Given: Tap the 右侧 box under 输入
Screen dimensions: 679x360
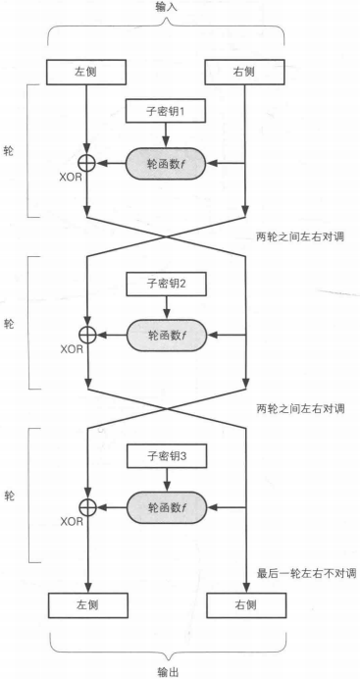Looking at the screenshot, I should click(x=245, y=72).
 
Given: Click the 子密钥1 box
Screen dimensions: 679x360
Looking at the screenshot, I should click(x=166, y=112).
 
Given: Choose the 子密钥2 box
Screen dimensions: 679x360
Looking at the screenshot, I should click(x=166, y=284).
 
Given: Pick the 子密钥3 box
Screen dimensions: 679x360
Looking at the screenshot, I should click(x=166, y=456).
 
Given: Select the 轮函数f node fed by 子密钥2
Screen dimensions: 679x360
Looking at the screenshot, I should click(x=166, y=334).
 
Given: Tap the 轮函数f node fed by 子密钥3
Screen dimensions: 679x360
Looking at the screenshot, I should click(x=166, y=506).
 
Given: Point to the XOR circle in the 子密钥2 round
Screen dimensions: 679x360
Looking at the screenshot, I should click(x=88, y=334).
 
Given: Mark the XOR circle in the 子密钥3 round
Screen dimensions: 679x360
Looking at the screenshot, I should click(x=88, y=506).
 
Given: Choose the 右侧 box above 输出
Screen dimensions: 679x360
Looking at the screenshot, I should click(x=245, y=606).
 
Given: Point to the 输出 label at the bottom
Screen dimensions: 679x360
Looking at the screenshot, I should click(x=168, y=671).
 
